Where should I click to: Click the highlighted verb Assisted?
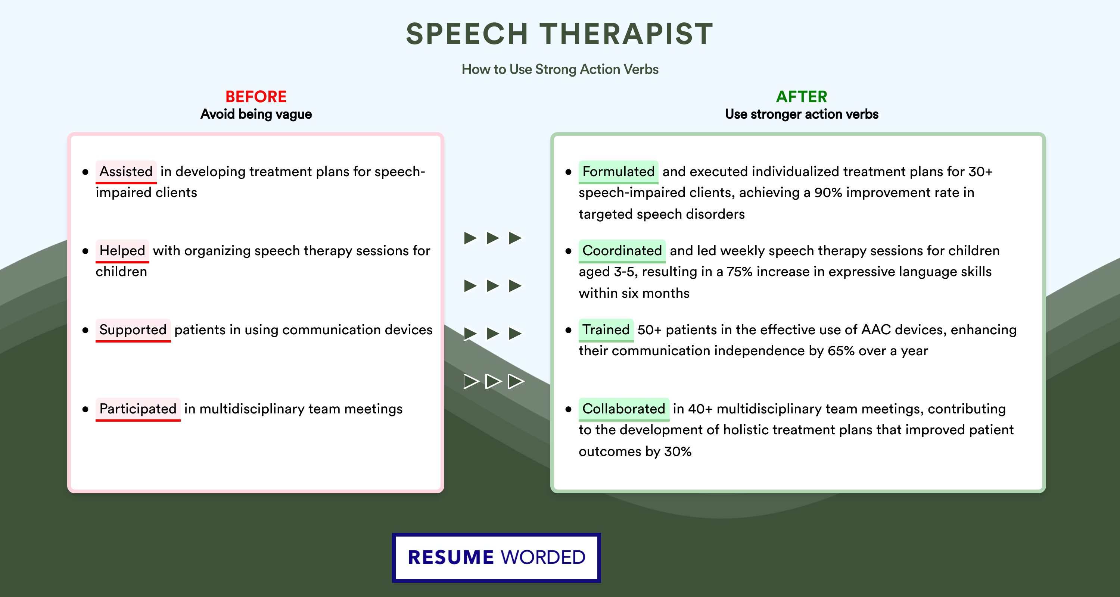(x=126, y=172)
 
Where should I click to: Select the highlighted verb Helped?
(x=122, y=251)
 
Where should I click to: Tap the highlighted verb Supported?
(x=133, y=330)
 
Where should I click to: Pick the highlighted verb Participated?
(x=138, y=409)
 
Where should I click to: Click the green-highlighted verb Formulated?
(x=618, y=172)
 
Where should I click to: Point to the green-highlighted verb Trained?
(x=606, y=330)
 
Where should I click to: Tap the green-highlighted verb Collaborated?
(x=624, y=409)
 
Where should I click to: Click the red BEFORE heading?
(x=256, y=97)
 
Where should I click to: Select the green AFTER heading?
(x=802, y=97)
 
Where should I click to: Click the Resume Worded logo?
(x=497, y=557)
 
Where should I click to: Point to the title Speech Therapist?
(x=560, y=34)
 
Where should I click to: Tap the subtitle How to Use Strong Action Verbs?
(x=560, y=69)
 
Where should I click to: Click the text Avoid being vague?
(x=256, y=114)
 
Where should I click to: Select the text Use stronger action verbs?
(x=802, y=114)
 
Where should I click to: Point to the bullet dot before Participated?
(x=85, y=409)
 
